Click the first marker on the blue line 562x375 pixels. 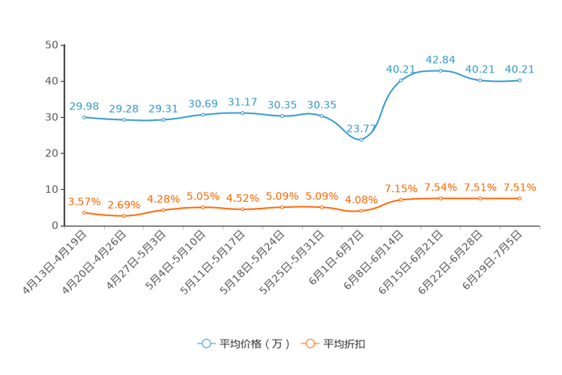coord(84,117)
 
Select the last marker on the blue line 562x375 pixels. coord(520,79)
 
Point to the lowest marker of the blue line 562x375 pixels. coord(361,140)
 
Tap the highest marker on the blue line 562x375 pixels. coord(440,71)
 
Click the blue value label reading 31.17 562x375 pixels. coord(242,102)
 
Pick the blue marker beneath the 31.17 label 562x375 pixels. coord(242,113)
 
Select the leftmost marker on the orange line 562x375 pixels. coord(84,212)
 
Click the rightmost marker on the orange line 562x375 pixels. coord(520,198)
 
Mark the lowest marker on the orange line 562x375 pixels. coord(123,216)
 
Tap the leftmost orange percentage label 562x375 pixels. coord(84,201)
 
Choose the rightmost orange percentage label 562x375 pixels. coord(520,187)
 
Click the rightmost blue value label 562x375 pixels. coord(520,69)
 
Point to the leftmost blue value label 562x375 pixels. coord(84,107)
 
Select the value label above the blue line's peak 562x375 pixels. coord(440,59)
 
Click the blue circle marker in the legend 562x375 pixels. coord(205,343)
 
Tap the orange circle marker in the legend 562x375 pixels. coord(310,343)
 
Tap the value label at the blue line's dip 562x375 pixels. coord(361,128)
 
